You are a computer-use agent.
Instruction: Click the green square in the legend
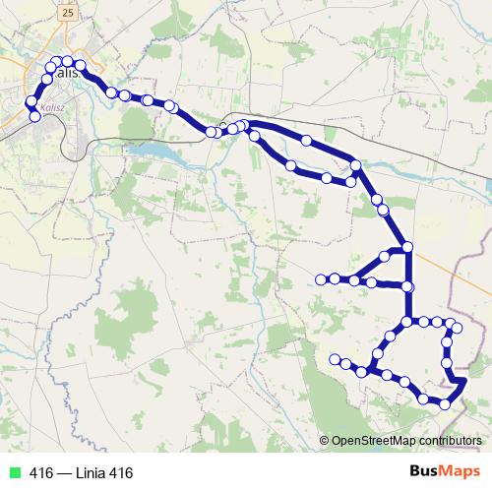tap(12, 473)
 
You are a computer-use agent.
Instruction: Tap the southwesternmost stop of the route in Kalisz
tap(35, 117)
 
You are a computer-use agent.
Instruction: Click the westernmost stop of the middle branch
tap(320, 279)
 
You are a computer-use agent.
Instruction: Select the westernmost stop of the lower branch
tap(335, 358)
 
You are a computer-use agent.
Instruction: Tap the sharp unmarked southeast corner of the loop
tap(464, 380)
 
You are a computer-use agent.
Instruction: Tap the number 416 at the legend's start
tap(41, 473)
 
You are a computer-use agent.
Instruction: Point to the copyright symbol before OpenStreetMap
tap(325, 441)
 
